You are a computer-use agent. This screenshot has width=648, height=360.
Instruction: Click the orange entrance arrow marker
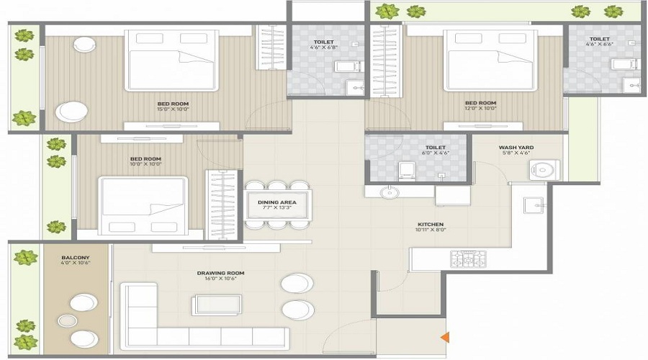point(446,336)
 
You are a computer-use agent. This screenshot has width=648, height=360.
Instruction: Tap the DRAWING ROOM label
point(221,273)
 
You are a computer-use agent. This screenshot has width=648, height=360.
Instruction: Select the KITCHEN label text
point(430,224)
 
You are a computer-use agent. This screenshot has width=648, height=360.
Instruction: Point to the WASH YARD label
point(515,148)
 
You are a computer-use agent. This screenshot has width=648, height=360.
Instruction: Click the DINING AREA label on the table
point(277,202)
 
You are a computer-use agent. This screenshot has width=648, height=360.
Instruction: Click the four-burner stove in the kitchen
point(468,258)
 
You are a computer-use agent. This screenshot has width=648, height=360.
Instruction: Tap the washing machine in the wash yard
point(544,169)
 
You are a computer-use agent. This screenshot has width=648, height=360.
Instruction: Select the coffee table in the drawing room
point(217,304)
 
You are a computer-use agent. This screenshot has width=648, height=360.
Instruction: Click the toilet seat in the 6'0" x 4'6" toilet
point(407,170)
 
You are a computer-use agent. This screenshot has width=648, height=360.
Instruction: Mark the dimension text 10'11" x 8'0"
point(430,231)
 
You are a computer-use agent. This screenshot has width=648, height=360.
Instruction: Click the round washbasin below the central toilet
point(390,192)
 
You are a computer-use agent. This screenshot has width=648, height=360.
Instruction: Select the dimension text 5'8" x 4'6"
point(515,154)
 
